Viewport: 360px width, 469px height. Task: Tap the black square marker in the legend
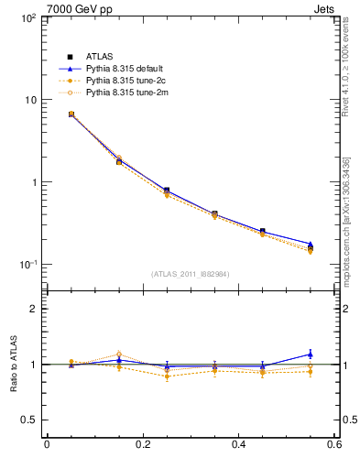click(70, 57)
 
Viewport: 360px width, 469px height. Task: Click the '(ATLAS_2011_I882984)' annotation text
click(191, 274)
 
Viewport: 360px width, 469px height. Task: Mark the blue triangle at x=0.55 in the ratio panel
click(311, 354)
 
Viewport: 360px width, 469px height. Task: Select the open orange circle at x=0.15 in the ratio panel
click(118, 354)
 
